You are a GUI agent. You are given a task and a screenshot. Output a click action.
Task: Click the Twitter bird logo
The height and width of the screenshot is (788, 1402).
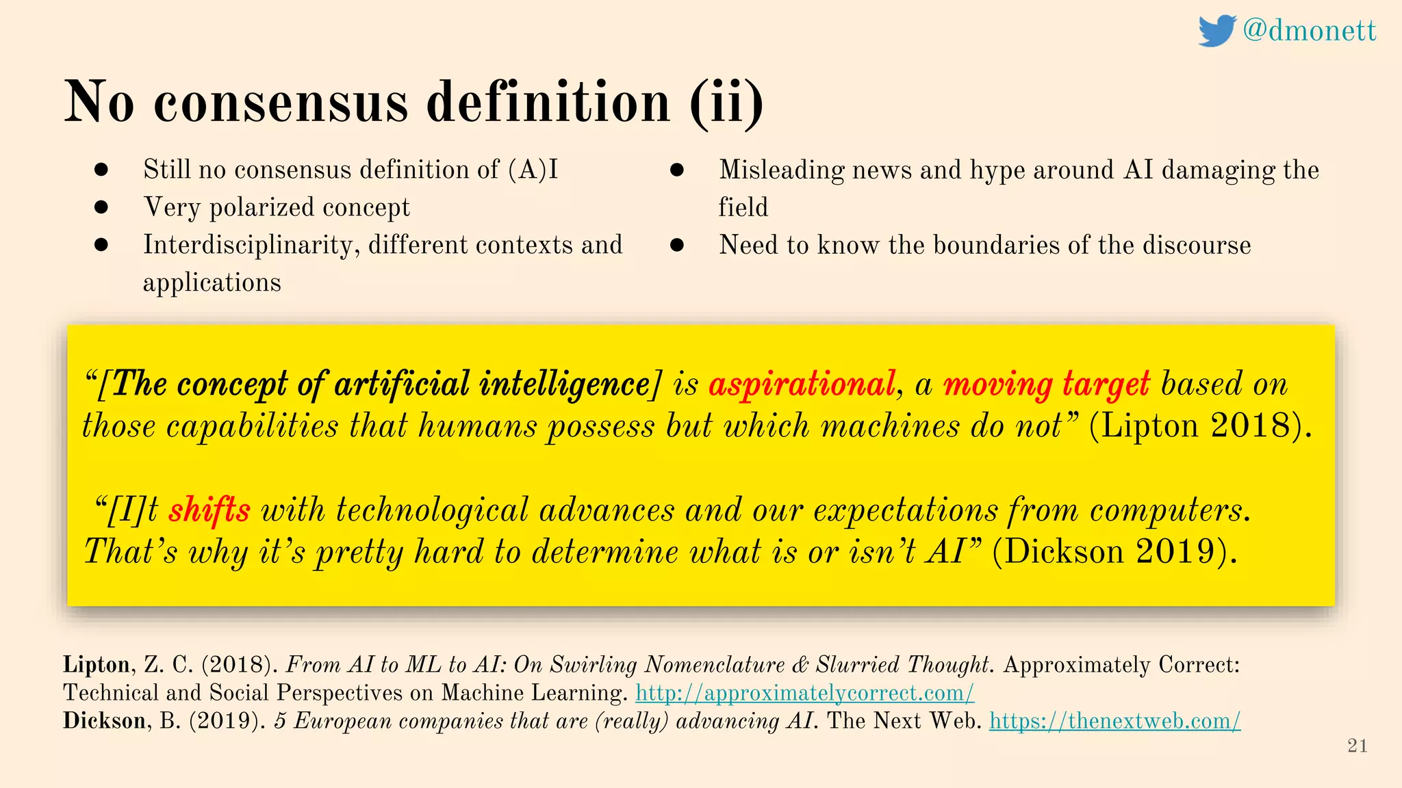point(1216,31)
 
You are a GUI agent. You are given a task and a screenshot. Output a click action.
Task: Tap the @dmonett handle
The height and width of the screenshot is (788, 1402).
point(1309,31)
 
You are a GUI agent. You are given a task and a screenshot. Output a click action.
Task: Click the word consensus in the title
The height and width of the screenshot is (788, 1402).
point(281,103)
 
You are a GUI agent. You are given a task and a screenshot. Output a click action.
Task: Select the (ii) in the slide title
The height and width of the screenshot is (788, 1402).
point(726,103)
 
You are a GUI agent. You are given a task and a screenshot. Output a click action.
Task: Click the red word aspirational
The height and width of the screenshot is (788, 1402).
point(802,384)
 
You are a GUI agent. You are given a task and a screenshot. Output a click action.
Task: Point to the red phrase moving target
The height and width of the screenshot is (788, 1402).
point(1046,384)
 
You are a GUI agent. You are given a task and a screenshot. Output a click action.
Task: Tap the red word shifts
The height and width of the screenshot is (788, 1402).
point(209,510)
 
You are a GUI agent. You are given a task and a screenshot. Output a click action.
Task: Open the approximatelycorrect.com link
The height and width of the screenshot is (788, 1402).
point(804,693)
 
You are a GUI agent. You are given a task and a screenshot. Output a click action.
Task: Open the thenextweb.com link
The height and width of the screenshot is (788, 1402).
point(1114,721)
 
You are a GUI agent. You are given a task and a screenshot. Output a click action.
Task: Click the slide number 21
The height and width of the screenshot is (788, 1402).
point(1357,746)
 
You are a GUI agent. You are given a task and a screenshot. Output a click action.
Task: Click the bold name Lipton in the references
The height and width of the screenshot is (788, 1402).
point(97,665)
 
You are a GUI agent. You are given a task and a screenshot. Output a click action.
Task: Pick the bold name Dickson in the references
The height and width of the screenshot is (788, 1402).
point(104,721)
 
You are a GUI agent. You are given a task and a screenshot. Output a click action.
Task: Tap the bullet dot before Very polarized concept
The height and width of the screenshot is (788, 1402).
point(101,207)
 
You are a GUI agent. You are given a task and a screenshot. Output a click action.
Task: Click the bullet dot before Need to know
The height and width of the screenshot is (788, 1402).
point(677,245)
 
